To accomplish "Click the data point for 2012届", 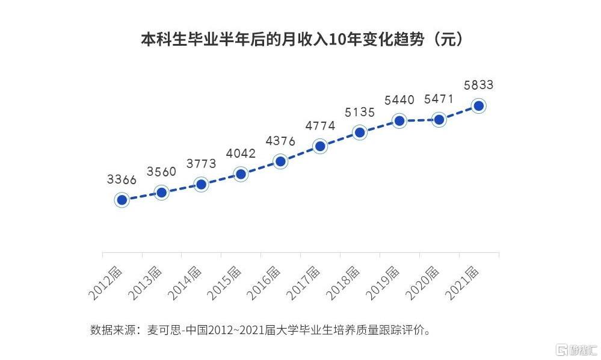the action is (x=122, y=200).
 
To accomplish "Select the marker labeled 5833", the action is (x=479, y=106).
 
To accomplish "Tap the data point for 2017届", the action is (x=320, y=146).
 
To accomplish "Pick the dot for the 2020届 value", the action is (x=439, y=120).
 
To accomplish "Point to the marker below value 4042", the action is (x=241, y=174).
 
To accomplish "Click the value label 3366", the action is (x=122, y=179).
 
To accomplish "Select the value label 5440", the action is (x=399, y=100).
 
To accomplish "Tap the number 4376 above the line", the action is (x=280, y=141).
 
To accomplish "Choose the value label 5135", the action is (x=360, y=113).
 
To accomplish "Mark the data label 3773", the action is (x=201, y=164).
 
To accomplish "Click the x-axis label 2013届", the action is (x=145, y=283).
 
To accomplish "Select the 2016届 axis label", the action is (x=264, y=283).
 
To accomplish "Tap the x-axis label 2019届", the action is (x=382, y=283).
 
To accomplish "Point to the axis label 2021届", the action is (x=461, y=283).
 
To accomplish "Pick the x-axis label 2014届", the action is (x=184, y=283).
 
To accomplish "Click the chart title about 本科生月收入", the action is (x=301, y=40).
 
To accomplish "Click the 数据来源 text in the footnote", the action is (x=112, y=330).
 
